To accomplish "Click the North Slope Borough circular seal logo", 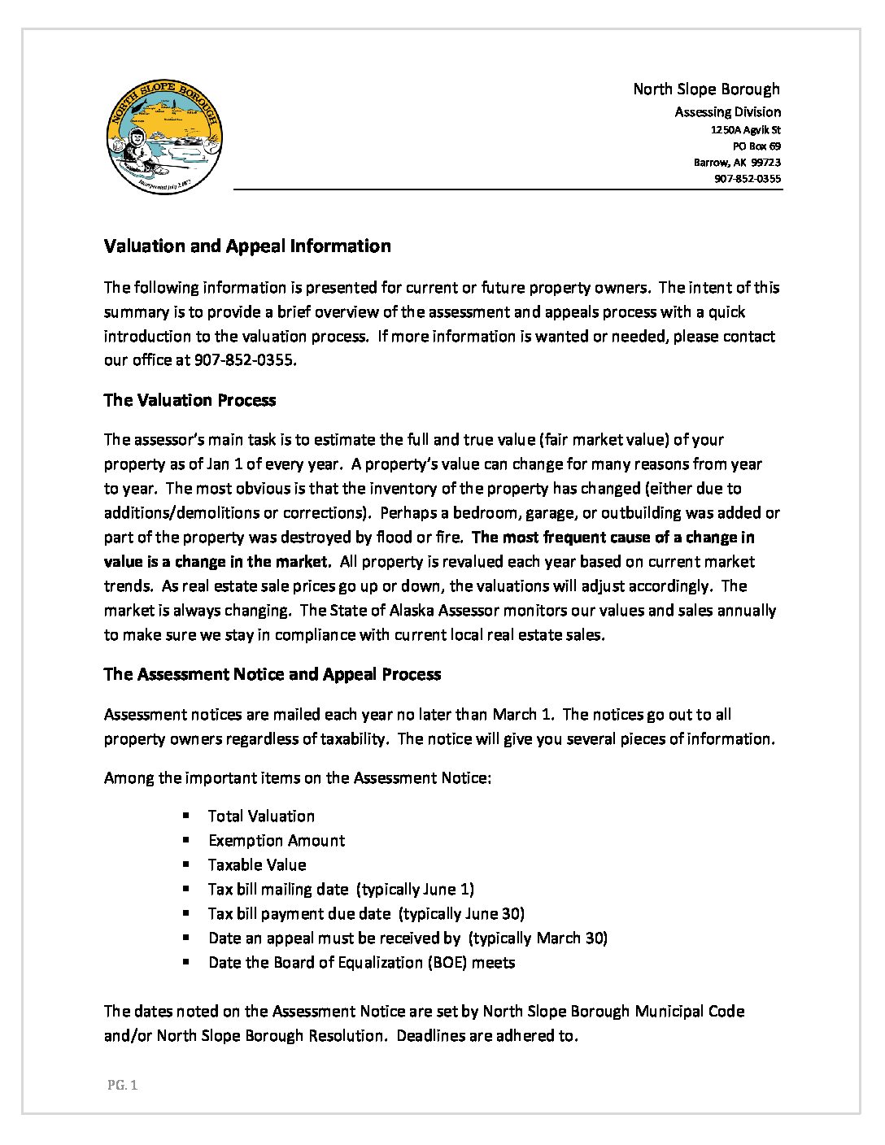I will pyautogui.click(x=164, y=138).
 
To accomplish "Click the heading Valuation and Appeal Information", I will pyautogui.click(x=247, y=246).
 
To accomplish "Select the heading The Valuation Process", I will pyautogui.click(x=190, y=400).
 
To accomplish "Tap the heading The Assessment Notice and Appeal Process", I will pyautogui.click(x=272, y=674).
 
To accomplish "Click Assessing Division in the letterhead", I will pyautogui.click(x=727, y=112).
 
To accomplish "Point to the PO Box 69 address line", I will pyautogui.click(x=756, y=146).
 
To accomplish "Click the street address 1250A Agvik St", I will pyautogui.click(x=745, y=130).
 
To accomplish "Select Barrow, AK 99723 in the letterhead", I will pyautogui.click(x=737, y=163).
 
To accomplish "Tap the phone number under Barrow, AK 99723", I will pyautogui.click(x=748, y=179).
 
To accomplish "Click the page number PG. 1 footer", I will pyautogui.click(x=122, y=1085).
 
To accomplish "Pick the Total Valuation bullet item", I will pyautogui.click(x=261, y=816).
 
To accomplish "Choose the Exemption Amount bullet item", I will pyautogui.click(x=277, y=840).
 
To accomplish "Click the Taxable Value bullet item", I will pyautogui.click(x=257, y=864).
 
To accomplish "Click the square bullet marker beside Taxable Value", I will pyautogui.click(x=186, y=864).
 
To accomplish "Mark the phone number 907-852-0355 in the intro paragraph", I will pyautogui.click(x=243, y=360).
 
